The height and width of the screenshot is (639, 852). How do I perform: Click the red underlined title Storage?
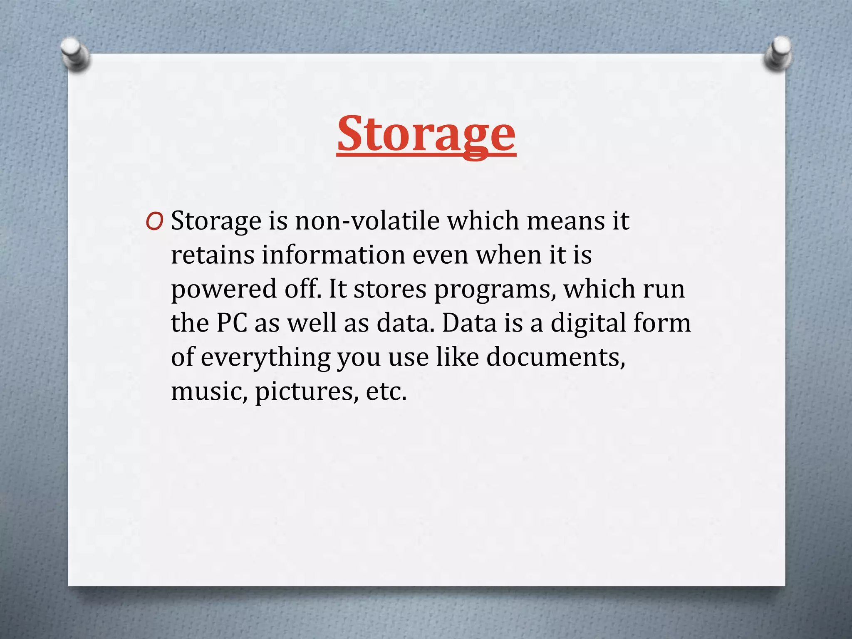point(426,134)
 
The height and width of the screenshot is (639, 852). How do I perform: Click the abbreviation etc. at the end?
point(386,391)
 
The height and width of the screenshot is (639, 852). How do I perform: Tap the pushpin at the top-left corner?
point(75,54)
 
